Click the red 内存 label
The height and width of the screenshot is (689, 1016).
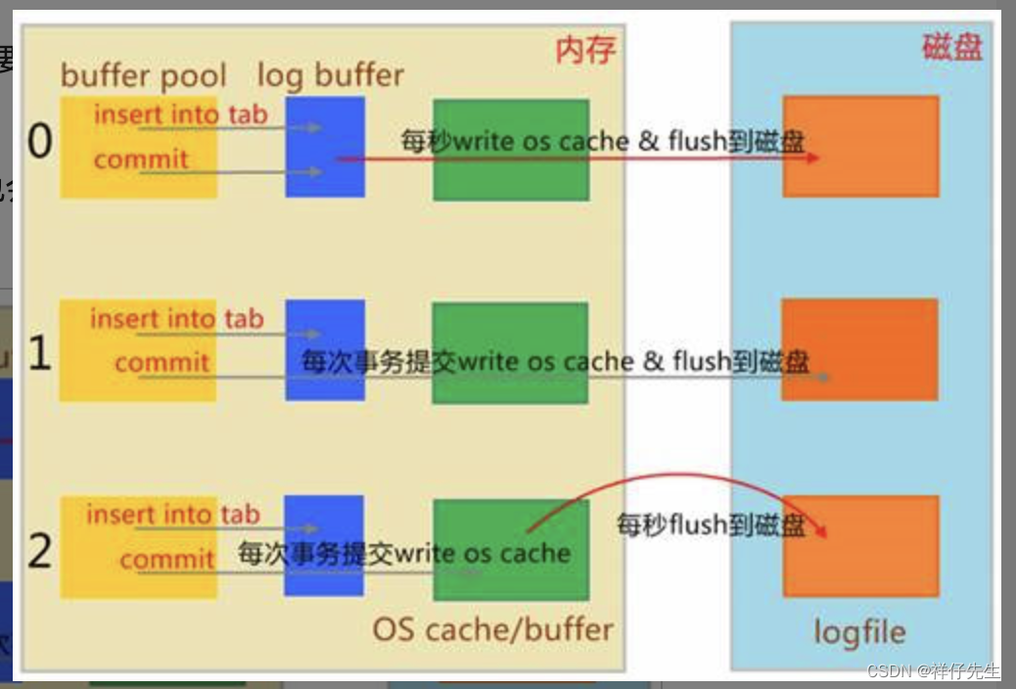pos(585,50)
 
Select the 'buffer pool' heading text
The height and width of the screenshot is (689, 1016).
pos(143,75)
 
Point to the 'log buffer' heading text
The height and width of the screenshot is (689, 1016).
pos(330,75)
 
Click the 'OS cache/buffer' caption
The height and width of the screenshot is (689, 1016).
pos(492,629)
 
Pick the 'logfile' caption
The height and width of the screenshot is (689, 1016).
pos(859,632)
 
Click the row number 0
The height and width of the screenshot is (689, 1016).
pos(39,143)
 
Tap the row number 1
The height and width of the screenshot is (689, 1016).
pos(39,353)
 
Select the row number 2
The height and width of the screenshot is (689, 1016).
pos(39,552)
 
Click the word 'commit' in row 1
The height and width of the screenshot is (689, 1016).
pos(162,363)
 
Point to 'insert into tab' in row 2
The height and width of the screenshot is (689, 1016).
pos(172,515)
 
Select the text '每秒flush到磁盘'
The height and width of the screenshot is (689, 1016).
pos(711,525)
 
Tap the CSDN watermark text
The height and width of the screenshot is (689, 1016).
pos(933,671)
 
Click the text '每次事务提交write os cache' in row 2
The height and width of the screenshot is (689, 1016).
pos(403,553)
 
